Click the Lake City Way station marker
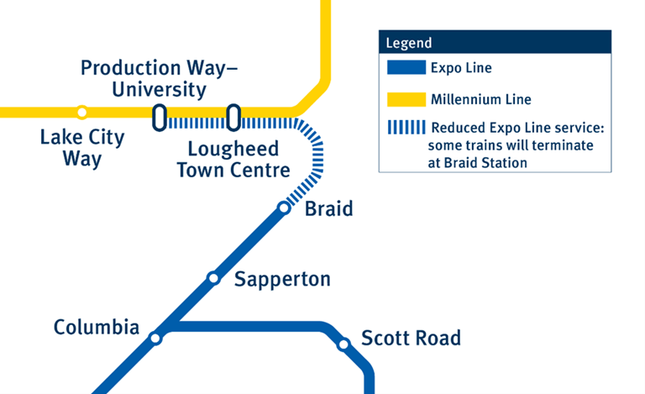pyautogui.click(x=81, y=112)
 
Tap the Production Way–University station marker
pyautogui.click(x=159, y=118)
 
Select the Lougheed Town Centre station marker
pyautogui.click(x=233, y=118)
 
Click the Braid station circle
pyautogui.click(x=284, y=208)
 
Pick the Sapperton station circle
pyautogui.click(x=213, y=278)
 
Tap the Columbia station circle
pyautogui.click(x=155, y=339)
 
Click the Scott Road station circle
pyautogui.click(x=343, y=344)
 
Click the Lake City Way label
pyautogui.click(x=81, y=148)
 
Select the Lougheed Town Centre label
pyautogui.click(x=239, y=160)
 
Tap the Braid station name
pyautogui.click(x=328, y=208)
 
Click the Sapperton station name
pyautogui.click(x=282, y=279)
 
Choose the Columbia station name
pyautogui.click(x=97, y=327)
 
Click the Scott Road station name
pyautogui.click(x=411, y=339)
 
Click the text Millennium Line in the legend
pyautogui.click(x=480, y=100)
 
